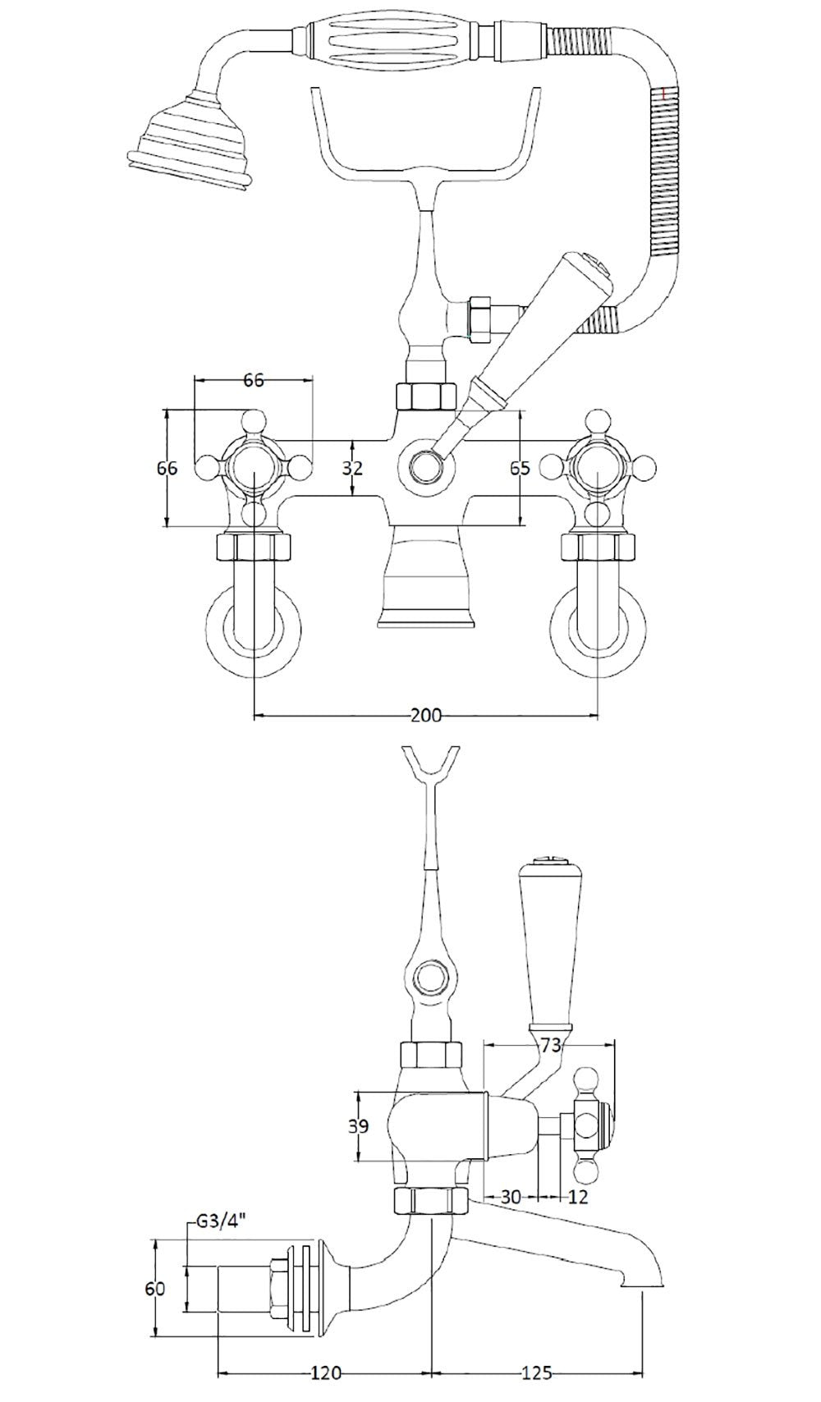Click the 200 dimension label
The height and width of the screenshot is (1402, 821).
425,715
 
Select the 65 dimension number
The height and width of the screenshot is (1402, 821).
520,468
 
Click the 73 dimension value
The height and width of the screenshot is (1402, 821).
553,1045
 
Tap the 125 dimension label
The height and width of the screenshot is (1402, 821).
534,1372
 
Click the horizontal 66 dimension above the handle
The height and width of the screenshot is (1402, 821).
255,380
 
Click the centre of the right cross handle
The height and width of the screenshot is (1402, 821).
597,469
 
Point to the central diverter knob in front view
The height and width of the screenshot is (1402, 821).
424,468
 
